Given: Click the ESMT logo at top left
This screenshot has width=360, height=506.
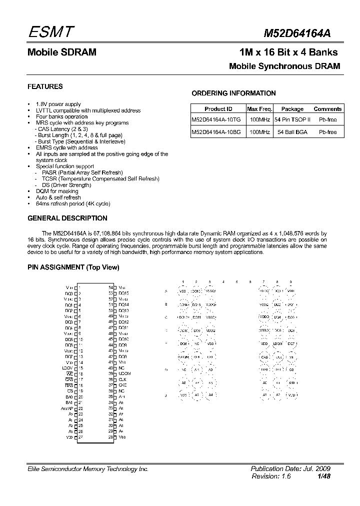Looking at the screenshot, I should click(x=50, y=32).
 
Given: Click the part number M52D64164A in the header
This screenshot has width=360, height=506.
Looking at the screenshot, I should click(x=296, y=33).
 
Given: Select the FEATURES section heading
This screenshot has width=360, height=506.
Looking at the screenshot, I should click(x=45, y=86).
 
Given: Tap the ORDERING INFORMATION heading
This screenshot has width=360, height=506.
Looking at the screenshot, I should click(x=233, y=93).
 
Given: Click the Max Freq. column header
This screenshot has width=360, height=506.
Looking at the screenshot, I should click(x=259, y=109).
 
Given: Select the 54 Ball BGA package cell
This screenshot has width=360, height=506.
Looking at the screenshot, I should click(x=292, y=132).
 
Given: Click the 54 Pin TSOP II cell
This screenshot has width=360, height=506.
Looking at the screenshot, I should click(x=292, y=120).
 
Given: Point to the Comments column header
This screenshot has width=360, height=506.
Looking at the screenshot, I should click(x=327, y=109).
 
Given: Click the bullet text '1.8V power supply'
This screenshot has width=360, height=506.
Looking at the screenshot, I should click(x=58, y=104).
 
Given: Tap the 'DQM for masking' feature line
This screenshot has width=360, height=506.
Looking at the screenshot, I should click(x=57, y=191).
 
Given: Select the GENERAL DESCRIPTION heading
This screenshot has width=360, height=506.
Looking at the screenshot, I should click(x=67, y=218).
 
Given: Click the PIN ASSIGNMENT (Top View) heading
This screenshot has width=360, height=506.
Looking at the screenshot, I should click(x=73, y=267).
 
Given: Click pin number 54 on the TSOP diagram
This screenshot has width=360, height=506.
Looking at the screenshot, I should click(x=111, y=287).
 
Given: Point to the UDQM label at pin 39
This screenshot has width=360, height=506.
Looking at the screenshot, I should click(x=124, y=373).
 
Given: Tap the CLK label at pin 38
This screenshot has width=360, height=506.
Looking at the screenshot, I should click(x=122, y=379).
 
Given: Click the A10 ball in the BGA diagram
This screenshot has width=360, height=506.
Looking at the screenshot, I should click(x=291, y=382).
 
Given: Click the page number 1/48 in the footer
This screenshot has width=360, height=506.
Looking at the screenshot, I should click(x=323, y=477).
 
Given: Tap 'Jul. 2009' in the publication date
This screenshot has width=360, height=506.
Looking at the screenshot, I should click(x=315, y=469).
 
